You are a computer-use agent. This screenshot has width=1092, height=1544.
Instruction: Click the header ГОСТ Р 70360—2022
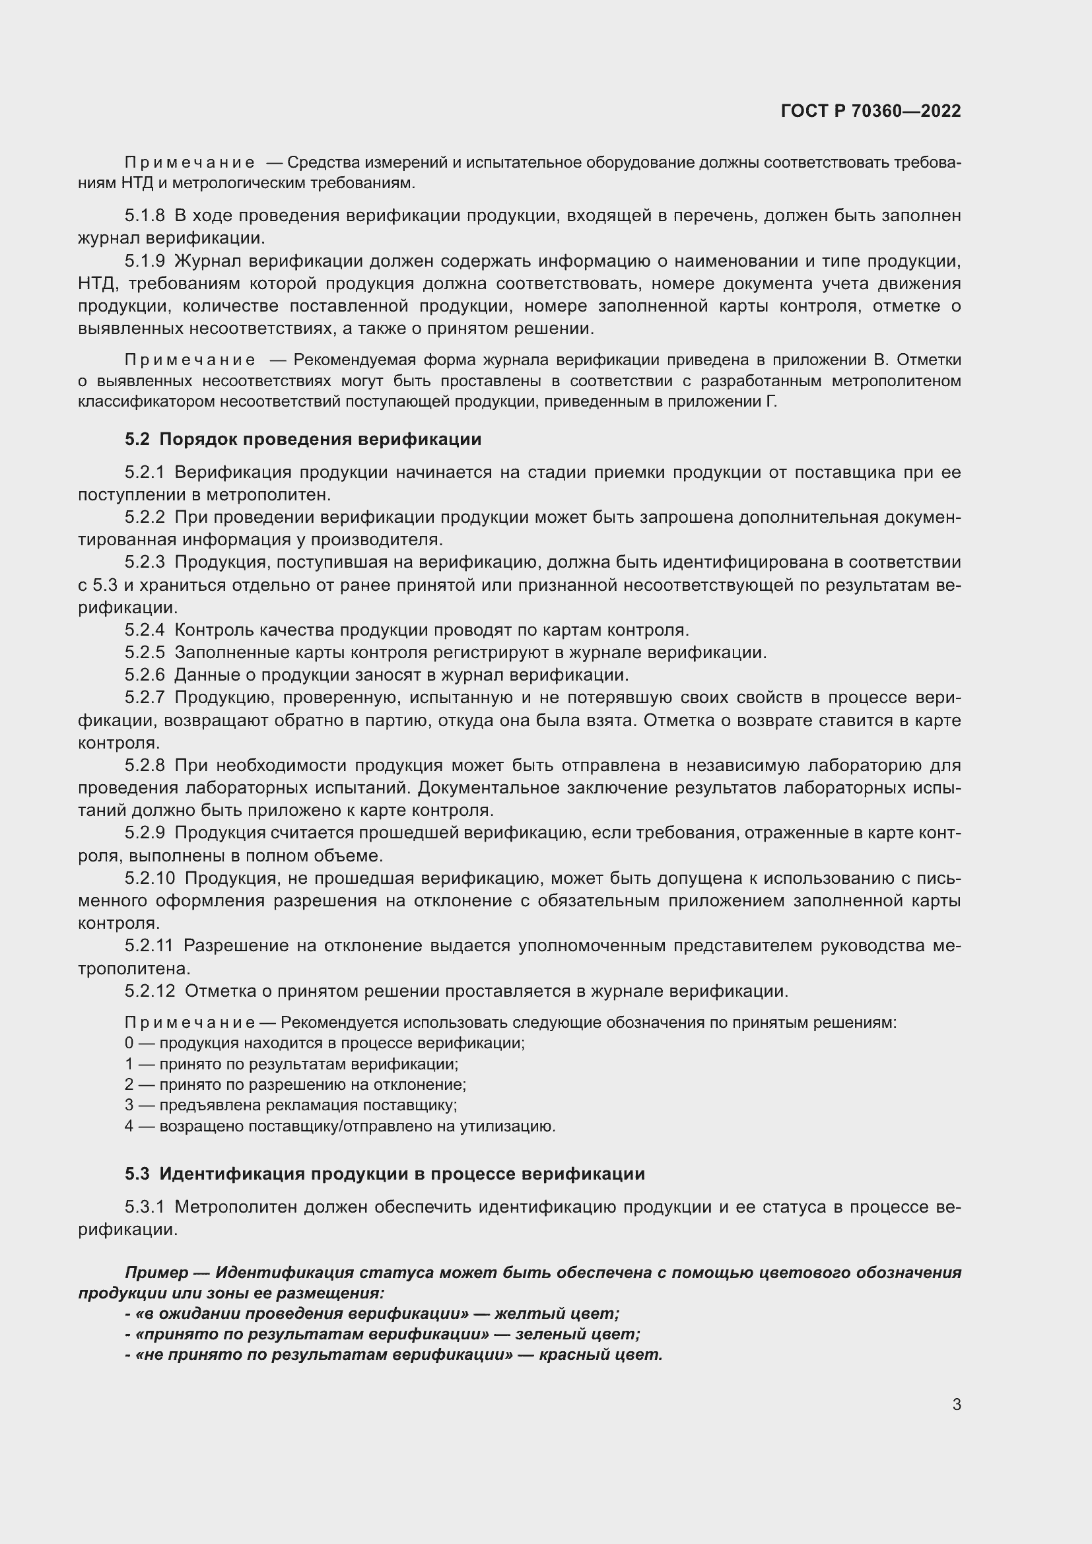click(871, 111)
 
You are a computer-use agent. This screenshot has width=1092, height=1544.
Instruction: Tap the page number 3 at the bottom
click(956, 1404)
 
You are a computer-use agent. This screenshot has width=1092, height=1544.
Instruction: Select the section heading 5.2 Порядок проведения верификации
click(303, 439)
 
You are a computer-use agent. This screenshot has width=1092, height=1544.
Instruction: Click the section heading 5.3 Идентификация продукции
click(385, 1174)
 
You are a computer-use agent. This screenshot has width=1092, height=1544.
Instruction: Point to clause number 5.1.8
click(145, 216)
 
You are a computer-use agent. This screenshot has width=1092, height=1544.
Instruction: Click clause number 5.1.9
click(145, 261)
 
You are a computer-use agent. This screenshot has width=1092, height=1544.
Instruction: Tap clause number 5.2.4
click(145, 630)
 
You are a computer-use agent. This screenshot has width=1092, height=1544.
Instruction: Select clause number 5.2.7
click(145, 697)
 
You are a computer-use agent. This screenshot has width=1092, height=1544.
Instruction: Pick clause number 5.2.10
click(149, 877)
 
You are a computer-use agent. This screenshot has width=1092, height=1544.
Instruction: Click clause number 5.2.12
click(149, 991)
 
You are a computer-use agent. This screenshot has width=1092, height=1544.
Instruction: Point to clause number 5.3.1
click(145, 1207)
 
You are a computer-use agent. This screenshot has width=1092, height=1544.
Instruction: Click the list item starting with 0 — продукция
click(324, 1043)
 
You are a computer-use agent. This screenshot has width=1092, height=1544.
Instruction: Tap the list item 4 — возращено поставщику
click(339, 1125)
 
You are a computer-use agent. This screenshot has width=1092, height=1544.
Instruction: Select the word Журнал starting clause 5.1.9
click(203, 261)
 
